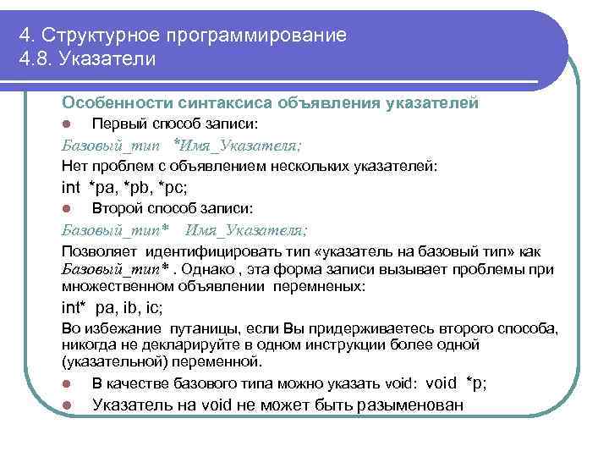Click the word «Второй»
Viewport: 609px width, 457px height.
(114, 208)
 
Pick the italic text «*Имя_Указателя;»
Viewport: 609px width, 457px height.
(228, 145)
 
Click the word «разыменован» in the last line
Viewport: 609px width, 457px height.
(410, 405)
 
